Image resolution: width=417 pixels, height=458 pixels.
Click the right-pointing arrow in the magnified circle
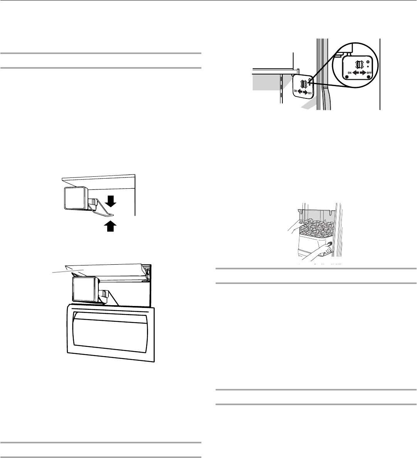tap(363, 72)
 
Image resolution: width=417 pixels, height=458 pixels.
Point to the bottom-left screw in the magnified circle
tap(346, 77)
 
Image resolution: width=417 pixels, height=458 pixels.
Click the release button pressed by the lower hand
tap(329, 244)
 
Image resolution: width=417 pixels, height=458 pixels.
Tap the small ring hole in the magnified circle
tap(368, 61)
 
